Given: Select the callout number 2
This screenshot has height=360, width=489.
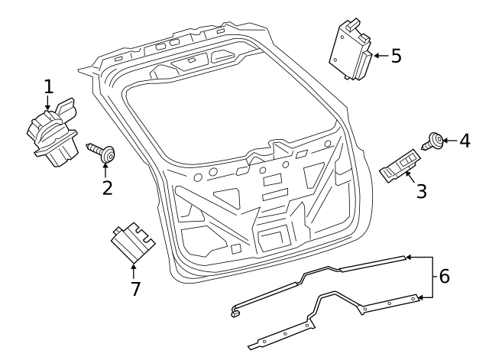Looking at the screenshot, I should [107, 186].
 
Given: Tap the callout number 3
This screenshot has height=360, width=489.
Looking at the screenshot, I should [421, 190].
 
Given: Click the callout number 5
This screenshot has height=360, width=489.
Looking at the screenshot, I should [396, 57].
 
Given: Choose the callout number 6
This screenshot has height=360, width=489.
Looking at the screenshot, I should [444, 275].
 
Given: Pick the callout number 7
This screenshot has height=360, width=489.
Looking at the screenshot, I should [134, 288].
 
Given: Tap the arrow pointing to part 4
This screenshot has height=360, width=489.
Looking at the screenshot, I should [449, 141].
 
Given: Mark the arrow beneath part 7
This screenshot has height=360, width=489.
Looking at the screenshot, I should [134, 270].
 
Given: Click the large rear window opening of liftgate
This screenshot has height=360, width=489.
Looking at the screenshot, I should [229, 115].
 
